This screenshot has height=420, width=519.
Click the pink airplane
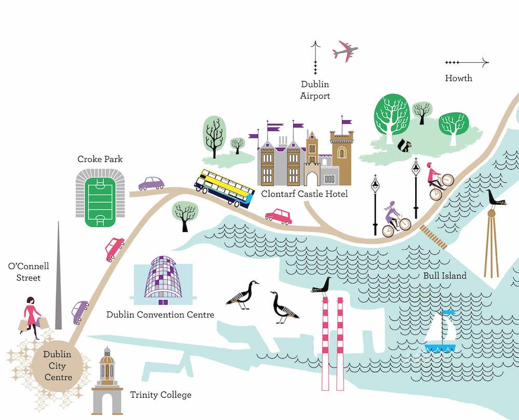(345, 51)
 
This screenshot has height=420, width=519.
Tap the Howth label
(459, 78)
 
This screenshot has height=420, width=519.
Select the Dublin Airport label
(315, 90)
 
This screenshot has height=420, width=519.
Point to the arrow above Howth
(467, 63)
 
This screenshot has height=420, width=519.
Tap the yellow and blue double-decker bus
(225, 188)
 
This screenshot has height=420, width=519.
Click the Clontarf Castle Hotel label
(304, 195)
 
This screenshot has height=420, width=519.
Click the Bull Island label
(444, 276)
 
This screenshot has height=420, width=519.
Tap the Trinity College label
(160, 395)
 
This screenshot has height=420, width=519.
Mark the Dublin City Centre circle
(58, 365)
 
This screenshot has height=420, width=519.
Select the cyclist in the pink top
(436, 181)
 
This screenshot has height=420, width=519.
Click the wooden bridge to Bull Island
(434, 237)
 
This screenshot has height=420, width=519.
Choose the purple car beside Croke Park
(151, 183)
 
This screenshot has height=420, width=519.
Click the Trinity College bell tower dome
(107, 356)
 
